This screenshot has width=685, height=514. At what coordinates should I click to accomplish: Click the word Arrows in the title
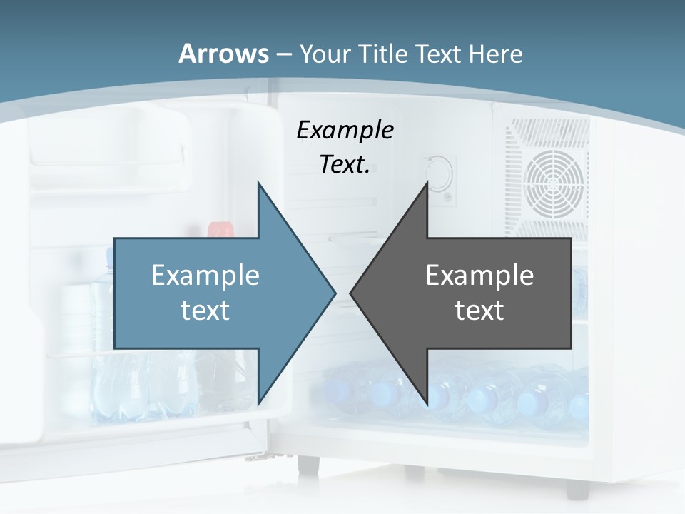(224, 54)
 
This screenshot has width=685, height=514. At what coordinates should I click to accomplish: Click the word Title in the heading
(383, 54)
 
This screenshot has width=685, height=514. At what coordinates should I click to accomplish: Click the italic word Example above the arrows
(345, 130)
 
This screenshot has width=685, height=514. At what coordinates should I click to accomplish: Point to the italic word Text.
(345, 164)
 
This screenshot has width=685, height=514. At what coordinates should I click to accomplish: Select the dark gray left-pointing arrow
(499, 293)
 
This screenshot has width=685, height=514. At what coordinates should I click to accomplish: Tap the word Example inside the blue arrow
(205, 276)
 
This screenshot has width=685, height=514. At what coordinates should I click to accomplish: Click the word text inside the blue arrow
(205, 310)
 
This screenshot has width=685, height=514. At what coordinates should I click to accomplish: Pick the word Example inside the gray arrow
(479, 276)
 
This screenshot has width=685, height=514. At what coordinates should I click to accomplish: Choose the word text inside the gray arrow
(479, 310)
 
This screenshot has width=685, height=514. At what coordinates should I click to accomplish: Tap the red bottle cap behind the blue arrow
(220, 229)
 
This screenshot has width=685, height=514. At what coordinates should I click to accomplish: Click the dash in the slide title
(284, 54)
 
